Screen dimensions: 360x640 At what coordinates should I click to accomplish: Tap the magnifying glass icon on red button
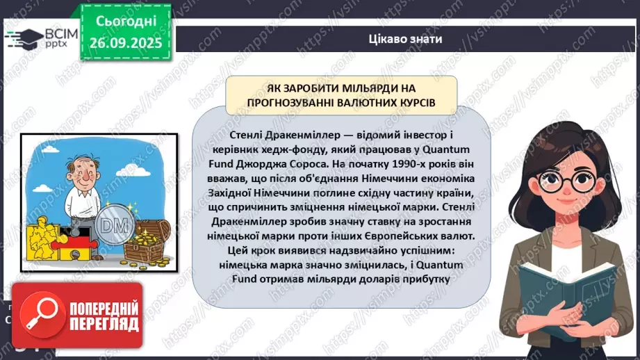(x=40, y=314)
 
